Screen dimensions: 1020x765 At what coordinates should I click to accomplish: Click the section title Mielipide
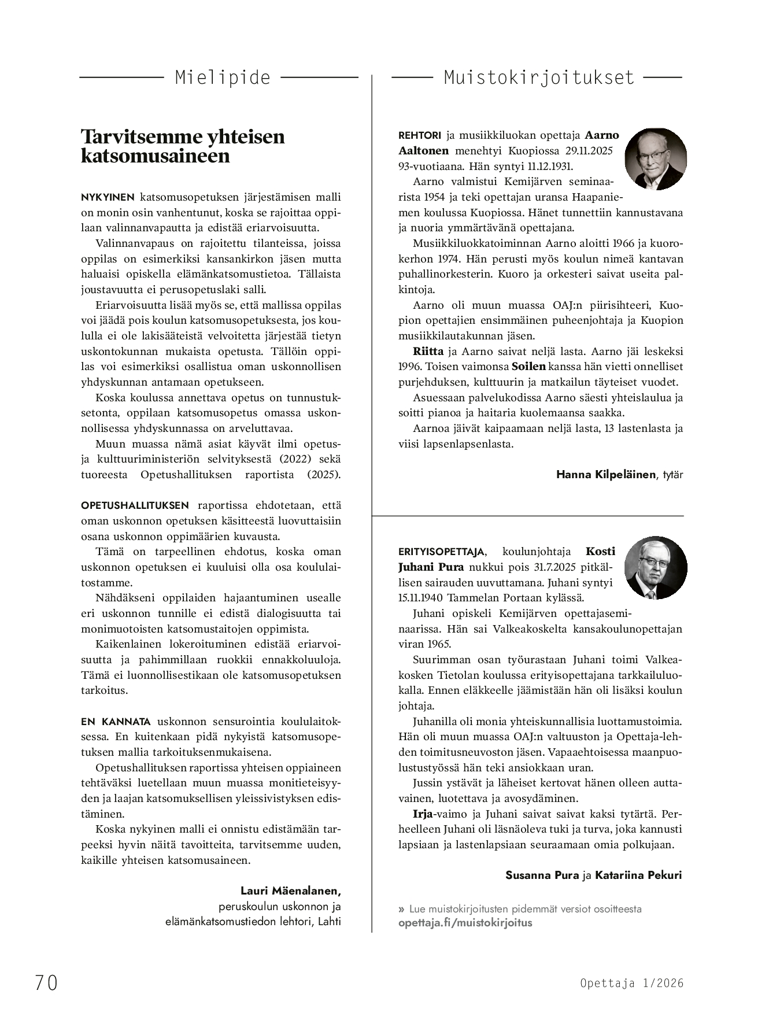[x=223, y=77]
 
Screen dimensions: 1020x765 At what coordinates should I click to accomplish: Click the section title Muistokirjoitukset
[x=539, y=77]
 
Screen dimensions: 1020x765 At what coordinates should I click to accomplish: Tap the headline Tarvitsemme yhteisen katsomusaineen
[x=183, y=146]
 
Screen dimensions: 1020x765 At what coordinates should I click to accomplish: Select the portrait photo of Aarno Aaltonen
[x=656, y=158]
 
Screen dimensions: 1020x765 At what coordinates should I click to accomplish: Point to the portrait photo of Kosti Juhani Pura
[x=656, y=567]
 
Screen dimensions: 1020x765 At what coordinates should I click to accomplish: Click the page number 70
[x=46, y=982]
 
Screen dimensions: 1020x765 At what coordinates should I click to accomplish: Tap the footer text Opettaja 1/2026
[x=632, y=983]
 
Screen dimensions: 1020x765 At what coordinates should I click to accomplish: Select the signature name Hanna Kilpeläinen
[x=606, y=475]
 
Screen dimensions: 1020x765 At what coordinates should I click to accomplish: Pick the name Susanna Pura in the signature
[x=542, y=875]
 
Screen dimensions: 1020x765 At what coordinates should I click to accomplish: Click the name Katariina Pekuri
[x=638, y=875]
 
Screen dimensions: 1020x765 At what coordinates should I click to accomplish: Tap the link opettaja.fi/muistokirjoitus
[x=465, y=922]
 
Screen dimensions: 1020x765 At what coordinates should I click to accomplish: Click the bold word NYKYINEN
[x=108, y=197]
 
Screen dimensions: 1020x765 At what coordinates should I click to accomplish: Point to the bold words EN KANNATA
[x=116, y=722]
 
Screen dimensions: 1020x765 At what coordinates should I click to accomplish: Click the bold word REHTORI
[x=419, y=135]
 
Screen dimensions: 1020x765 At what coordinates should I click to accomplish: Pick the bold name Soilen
[x=529, y=367]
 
